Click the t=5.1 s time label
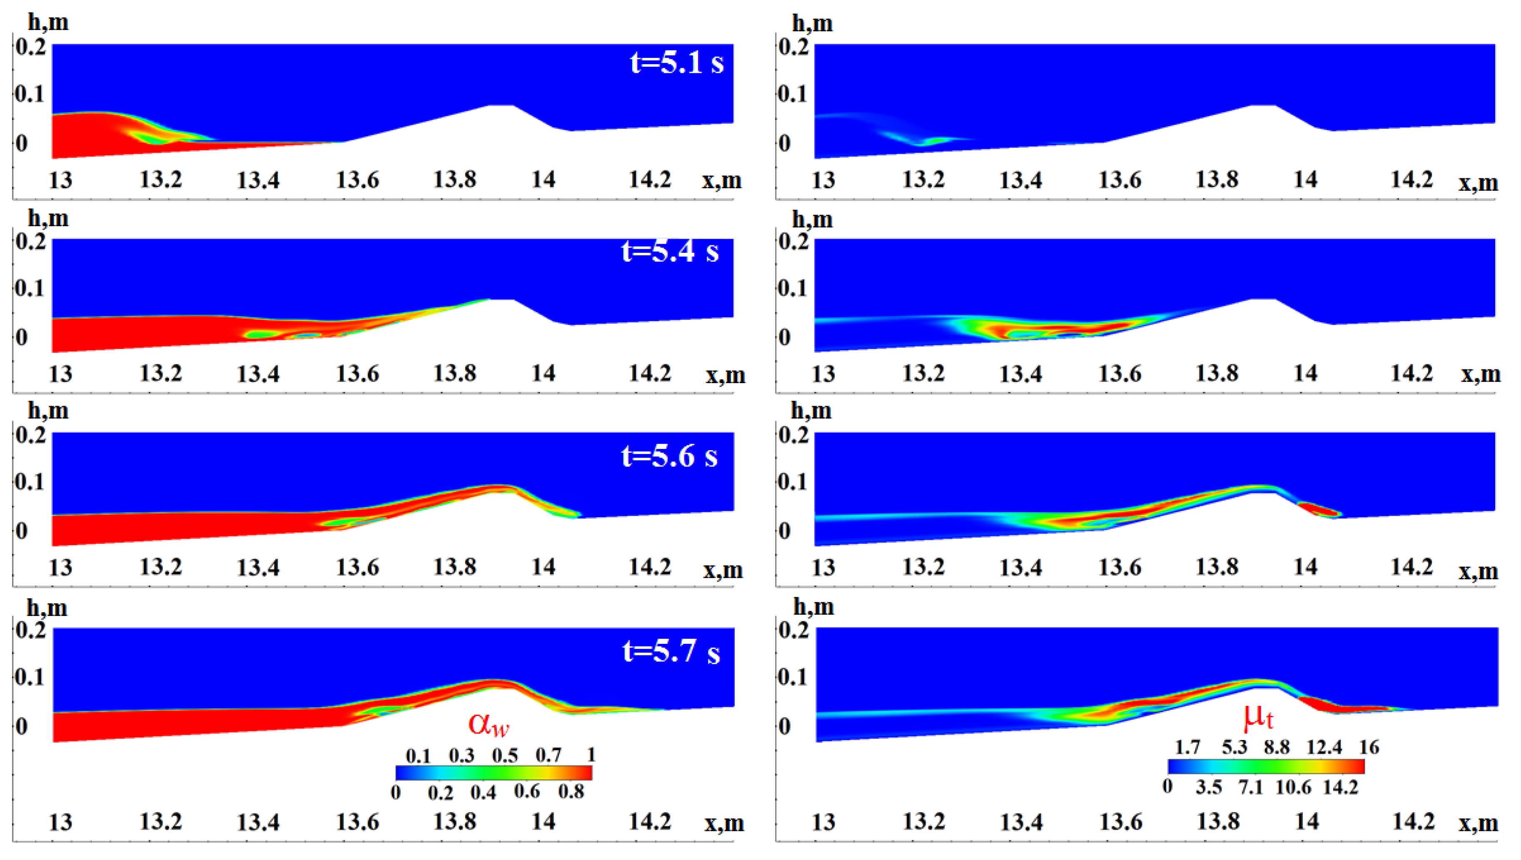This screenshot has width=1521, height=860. point(677,62)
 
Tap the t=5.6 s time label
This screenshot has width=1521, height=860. point(669,456)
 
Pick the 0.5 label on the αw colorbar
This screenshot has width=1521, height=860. point(505,755)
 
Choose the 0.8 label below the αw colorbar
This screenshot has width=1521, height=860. point(571,791)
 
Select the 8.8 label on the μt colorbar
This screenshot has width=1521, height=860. point(1277,748)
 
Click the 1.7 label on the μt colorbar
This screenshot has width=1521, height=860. point(1187,748)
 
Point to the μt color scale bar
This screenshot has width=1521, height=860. point(1266,766)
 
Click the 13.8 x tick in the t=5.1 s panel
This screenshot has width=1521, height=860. point(454,179)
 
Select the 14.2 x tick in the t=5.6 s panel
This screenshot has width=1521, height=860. point(650,567)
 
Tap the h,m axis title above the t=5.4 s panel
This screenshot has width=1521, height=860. point(48,219)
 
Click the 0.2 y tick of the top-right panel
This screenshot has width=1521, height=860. point(793,47)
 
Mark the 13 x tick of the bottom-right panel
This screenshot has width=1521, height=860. point(823,822)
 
